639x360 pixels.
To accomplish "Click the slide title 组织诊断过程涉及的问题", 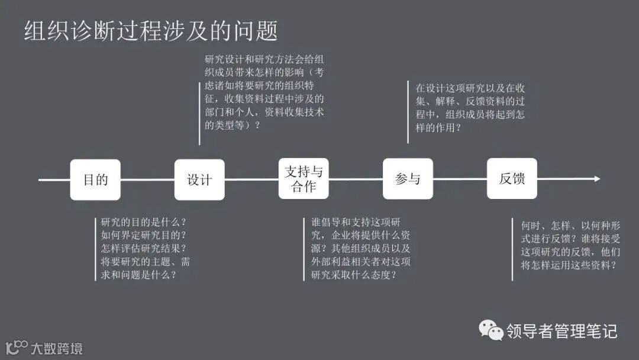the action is click(151, 31).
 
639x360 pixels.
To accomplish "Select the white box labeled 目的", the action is click(95, 179).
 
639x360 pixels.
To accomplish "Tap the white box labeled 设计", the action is click(199, 179).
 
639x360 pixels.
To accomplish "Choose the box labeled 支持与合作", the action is click(304, 179).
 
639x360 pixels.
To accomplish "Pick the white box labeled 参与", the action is click(408, 179).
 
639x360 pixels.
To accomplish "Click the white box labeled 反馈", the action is click(512, 179).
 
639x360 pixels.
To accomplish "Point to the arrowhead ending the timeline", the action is click(597, 179).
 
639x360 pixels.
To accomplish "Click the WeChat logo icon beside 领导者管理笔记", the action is click(491, 330).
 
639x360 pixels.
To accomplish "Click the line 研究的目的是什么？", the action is click(144, 222).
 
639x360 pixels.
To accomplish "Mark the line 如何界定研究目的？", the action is click(144, 235).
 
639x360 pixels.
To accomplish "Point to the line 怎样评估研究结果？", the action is click(144, 248).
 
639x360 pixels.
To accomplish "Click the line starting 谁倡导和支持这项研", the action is click(360, 222).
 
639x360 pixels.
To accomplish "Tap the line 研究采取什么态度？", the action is click(354, 275).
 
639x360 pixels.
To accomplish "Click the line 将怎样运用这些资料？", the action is click(569, 265).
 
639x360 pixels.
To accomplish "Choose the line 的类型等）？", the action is click(232, 125).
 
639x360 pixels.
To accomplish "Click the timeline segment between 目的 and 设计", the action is click(147, 179).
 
